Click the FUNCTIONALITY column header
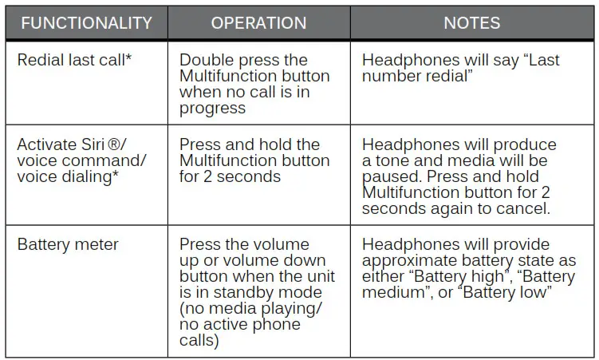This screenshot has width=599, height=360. click(x=86, y=22)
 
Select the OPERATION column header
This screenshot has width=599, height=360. click(x=258, y=22)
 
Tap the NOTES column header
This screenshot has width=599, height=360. click(x=472, y=22)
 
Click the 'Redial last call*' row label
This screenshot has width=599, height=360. click(x=74, y=61)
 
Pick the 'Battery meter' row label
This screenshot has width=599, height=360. click(x=68, y=245)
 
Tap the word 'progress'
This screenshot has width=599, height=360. click(x=212, y=108)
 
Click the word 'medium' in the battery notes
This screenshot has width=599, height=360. click(x=395, y=292)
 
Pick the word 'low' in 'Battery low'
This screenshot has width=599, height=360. click(x=537, y=292)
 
